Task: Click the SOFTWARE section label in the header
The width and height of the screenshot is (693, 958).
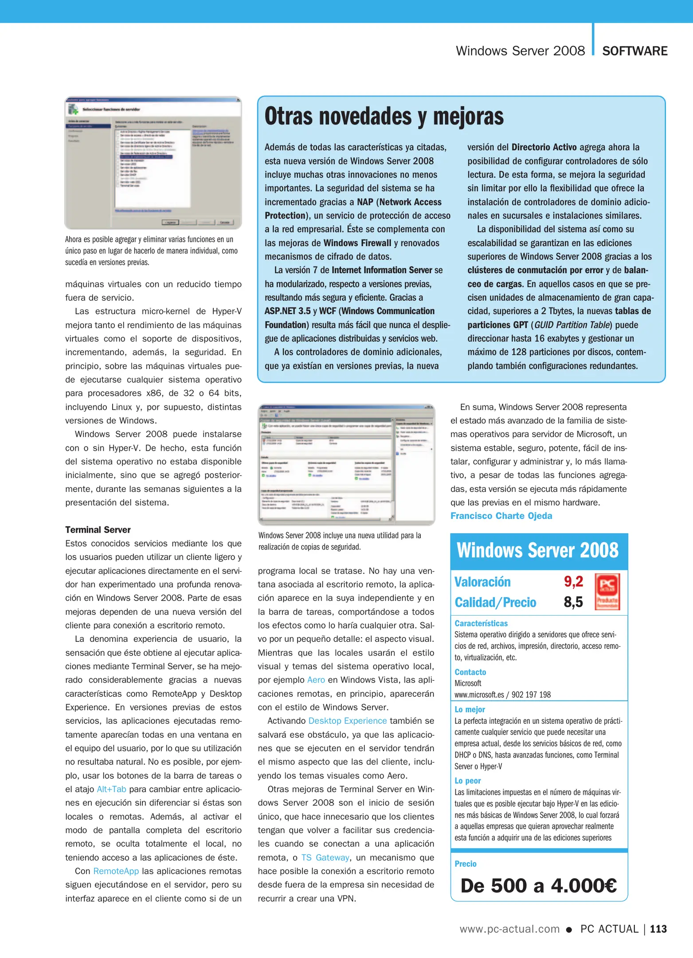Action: (x=634, y=51)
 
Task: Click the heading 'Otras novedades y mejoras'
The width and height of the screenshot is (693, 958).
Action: (x=384, y=117)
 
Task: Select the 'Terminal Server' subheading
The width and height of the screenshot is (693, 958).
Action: (x=98, y=530)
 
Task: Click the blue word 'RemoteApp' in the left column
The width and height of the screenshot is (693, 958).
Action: (x=116, y=871)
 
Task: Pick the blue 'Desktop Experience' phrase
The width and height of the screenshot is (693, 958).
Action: (x=348, y=721)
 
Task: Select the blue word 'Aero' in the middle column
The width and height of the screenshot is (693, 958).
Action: (x=316, y=680)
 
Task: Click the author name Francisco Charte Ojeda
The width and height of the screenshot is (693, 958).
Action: (x=501, y=516)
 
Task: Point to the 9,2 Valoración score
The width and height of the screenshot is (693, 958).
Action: (x=573, y=581)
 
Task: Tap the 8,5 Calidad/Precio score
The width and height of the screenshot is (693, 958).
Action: (x=573, y=602)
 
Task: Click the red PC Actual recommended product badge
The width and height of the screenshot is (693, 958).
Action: (x=607, y=592)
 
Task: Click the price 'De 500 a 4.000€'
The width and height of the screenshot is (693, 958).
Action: (x=539, y=886)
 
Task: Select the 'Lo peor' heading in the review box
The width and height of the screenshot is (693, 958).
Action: (x=467, y=781)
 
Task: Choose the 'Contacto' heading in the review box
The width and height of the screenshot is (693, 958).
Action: (x=470, y=672)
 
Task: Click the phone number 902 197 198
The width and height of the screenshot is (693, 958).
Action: (x=531, y=695)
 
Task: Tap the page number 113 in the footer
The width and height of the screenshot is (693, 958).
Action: (x=658, y=929)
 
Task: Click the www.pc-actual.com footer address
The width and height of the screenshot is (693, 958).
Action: (x=509, y=929)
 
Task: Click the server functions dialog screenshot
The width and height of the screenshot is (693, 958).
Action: (x=153, y=163)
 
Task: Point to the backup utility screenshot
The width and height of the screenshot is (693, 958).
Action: (x=346, y=464)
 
